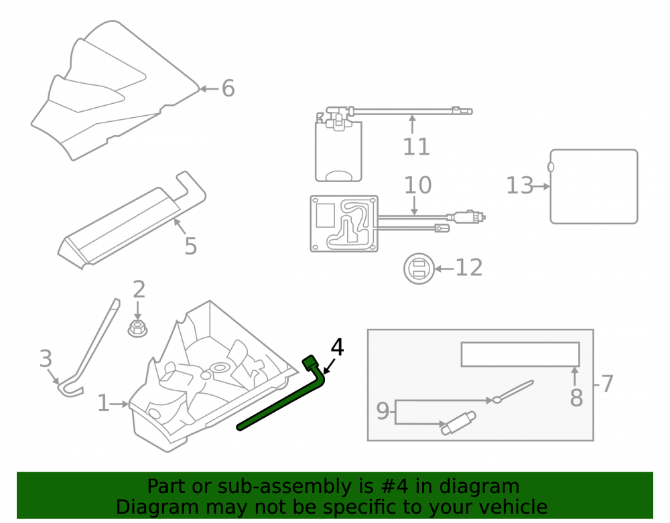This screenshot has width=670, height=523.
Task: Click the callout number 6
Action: (228, 88)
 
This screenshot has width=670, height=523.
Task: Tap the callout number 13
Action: (520, 185)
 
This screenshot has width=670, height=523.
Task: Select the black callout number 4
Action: (337, 347)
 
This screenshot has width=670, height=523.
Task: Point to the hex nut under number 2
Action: (137, 328)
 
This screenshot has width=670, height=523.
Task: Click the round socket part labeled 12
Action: (419, 269)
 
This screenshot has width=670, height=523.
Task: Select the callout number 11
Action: (416, 147)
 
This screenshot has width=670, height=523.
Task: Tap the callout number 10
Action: (417, 185)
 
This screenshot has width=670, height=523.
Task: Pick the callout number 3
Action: (46, 358)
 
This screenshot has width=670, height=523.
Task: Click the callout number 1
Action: (103, 403)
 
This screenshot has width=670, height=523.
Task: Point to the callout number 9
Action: (383, 411)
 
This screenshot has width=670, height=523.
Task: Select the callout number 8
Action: (576, 398)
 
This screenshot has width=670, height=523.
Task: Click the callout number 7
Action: (607, 384)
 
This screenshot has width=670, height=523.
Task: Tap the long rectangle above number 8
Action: (521, 354)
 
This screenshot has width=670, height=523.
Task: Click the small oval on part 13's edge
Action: (551, 167)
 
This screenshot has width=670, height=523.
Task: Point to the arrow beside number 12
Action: (444, 269)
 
